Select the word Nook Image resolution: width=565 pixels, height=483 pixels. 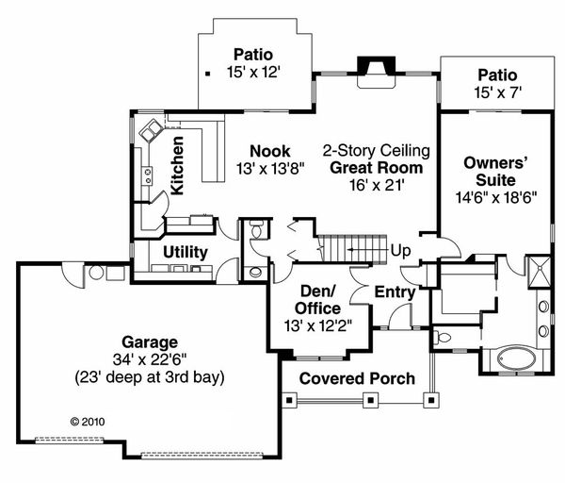[x=269, y=151]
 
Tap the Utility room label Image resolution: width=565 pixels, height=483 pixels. [x=185, y=252]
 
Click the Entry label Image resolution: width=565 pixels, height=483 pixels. [x=395, y=292]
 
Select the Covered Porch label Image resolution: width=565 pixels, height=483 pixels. [x=357, y=378]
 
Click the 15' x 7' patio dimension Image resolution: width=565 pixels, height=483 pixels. [x=497, y=92]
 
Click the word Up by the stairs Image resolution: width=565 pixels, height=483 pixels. [x=401, y=251]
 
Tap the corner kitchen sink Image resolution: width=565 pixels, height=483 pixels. [x=151, y=133]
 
